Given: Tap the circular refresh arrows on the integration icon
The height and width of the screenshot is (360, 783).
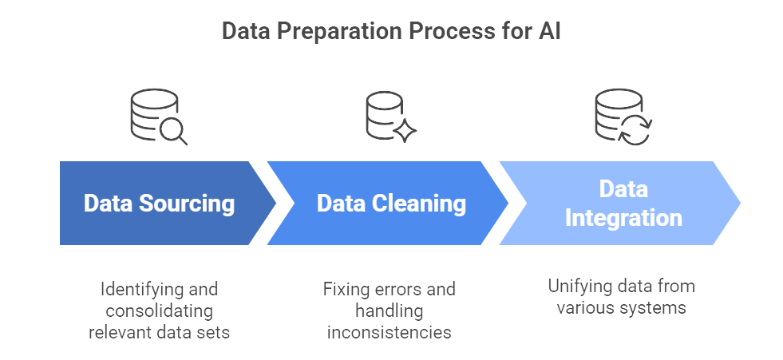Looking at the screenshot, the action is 635,128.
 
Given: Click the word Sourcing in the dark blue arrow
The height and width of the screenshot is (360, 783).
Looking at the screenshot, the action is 186,204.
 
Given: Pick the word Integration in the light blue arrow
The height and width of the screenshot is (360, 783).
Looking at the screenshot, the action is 623,218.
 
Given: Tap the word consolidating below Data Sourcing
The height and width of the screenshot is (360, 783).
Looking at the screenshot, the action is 160,311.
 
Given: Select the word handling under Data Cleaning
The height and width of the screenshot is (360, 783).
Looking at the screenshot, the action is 389,311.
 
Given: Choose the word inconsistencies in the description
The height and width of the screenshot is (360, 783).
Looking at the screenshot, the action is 389,332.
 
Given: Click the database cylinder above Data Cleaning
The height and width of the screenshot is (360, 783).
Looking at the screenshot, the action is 383,115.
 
